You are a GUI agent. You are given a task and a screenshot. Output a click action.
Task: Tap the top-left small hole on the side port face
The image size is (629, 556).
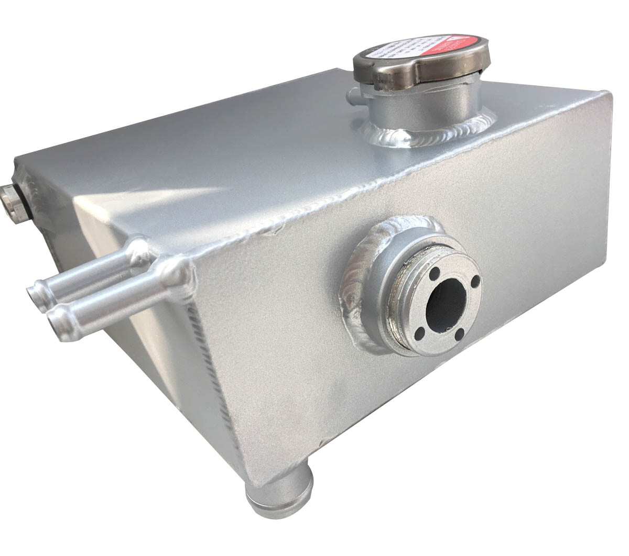click(435, 273)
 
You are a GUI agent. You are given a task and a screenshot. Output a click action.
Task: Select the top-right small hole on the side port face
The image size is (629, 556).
click(475, 282)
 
